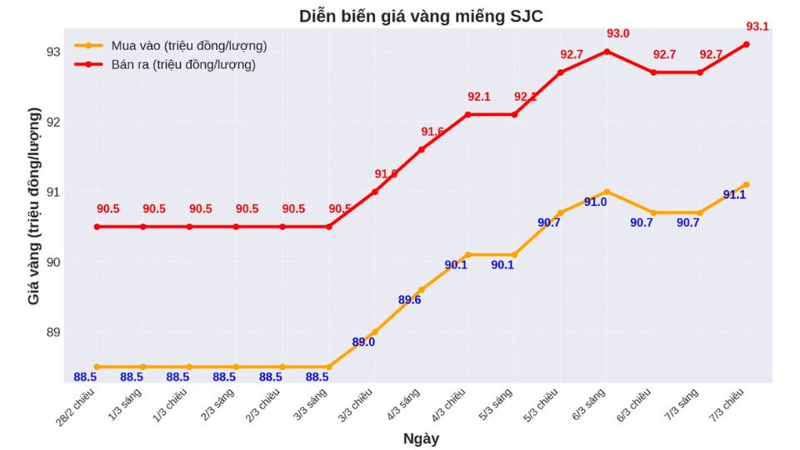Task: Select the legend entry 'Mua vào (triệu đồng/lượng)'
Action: tap(188, 46)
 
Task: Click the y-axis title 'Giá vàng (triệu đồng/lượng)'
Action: tap(34, 206)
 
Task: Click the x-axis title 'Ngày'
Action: tap(421, 438)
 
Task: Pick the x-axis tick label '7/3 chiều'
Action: tap(732, 401)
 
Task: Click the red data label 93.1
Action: tap(757, 27)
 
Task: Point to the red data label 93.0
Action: tap(617, 33)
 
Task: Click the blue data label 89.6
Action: tap(409, 300)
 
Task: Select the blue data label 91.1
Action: tap(734, 195)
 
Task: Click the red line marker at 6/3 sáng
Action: tap(607, 52)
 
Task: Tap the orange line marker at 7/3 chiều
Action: tap(746, 184)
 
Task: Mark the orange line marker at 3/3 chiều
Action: tap(374, 332)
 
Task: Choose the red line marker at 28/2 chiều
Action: tap(97, 227)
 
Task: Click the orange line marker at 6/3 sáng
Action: tap(607, 192)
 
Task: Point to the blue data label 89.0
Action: tap(363, 342)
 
